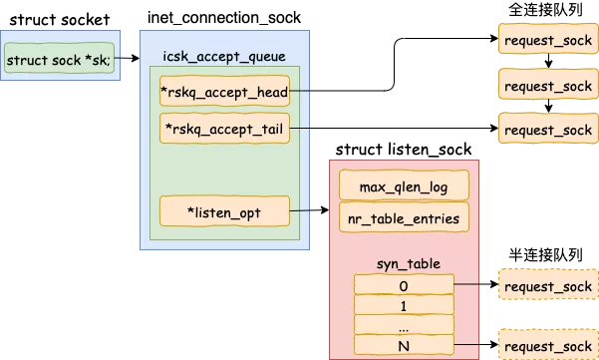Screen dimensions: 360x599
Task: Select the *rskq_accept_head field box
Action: [x=224, y=93]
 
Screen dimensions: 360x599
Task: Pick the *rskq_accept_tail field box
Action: [x=224, y=128]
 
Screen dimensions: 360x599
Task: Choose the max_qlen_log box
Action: [x=404, y=185]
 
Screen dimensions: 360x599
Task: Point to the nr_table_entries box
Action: [x=404, y=217]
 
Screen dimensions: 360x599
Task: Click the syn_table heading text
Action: [x=404, y=263]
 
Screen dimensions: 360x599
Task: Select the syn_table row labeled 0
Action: [x=404, y=285]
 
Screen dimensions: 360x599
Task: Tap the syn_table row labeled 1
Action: [x=404, y=305]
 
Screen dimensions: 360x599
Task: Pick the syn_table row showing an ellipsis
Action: [x=404, y=325]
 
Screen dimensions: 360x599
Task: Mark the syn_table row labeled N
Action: [x=404, y=345]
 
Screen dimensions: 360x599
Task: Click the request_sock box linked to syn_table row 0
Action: [x=547, y=287]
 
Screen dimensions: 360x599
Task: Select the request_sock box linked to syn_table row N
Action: [x=547, y=345]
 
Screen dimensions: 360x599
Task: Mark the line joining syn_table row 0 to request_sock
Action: [x=475, y=286]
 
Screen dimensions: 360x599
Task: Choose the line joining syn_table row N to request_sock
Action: [x=475, y=345]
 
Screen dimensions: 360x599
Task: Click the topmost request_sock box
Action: [x=547, y=39]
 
